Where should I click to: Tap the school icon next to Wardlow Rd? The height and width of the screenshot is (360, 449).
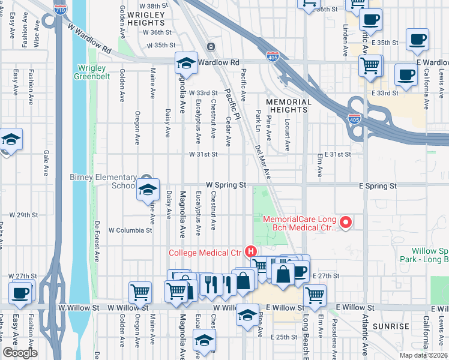coord(187,63)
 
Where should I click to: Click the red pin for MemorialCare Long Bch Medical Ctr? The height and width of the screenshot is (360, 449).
coord(345,223)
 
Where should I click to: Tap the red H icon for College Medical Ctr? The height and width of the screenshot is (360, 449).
coord(252,252)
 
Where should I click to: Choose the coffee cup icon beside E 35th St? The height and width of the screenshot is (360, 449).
coord(417,40)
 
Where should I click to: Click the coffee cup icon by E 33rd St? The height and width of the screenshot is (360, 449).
coord(406,76)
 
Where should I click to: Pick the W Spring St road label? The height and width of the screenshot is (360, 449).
coord(226,185)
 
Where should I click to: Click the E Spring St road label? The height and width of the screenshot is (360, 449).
coord(377,187)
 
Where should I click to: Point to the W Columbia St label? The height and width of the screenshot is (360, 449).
coord(130,230)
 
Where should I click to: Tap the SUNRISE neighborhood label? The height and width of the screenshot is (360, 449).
coord(391,326)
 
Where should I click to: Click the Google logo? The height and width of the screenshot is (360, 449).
coord(21,353)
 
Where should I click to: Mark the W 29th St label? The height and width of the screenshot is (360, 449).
coord(23,214)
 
